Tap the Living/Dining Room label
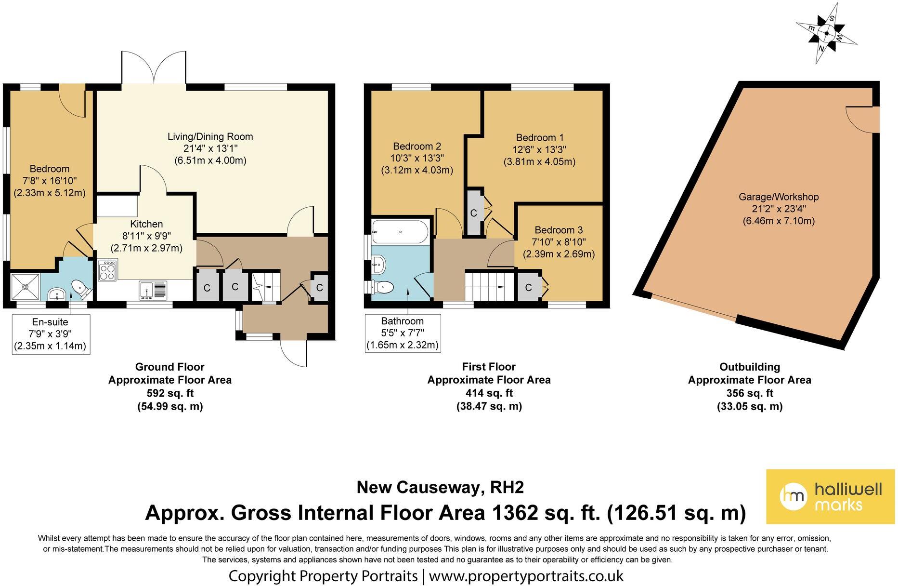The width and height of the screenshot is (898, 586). (x=210, y=137)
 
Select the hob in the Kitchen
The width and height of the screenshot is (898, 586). (x=107, y=270)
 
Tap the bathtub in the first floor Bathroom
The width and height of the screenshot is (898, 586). (x=400, y=232)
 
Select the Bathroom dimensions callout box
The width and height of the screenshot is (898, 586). (x=403, y=333)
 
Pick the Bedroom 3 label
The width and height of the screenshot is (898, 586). (x=555, y=230)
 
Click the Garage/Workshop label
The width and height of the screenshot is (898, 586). (x=779, y=197)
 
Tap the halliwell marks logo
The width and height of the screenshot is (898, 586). (x=830, y=496)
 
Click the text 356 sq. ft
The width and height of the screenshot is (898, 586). (x=749, y=393)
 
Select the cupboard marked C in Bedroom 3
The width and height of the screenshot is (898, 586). (x=529, y=288)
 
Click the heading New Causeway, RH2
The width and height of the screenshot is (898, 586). (x=440, y=488)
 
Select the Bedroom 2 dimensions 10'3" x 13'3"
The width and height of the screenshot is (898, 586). (x=417, y=158)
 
